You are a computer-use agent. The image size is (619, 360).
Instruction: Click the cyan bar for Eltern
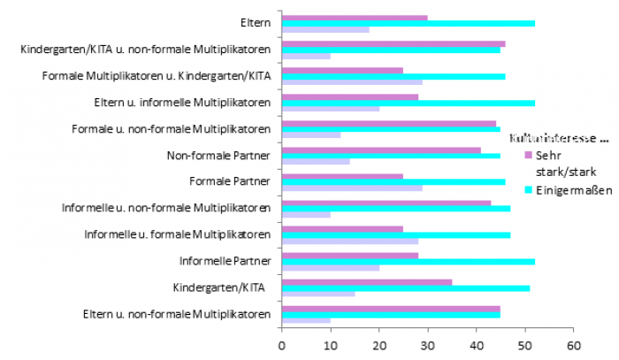(408, 23)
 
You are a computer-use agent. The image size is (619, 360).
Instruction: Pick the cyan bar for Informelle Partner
(408, 262)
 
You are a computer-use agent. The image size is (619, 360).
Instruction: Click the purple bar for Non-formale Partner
(381, 150)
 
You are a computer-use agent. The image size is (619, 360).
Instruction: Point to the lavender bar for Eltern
(325, 29)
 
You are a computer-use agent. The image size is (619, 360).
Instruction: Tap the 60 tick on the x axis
(573, 345)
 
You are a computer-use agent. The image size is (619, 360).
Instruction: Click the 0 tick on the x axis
(281, 345)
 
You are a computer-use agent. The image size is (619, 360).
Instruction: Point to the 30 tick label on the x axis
(427, 345)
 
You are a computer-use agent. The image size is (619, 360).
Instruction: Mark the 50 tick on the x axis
(524, 345)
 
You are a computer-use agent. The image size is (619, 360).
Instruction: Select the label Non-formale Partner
(218, 156)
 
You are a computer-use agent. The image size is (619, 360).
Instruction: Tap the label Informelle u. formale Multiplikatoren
(177, 234)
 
